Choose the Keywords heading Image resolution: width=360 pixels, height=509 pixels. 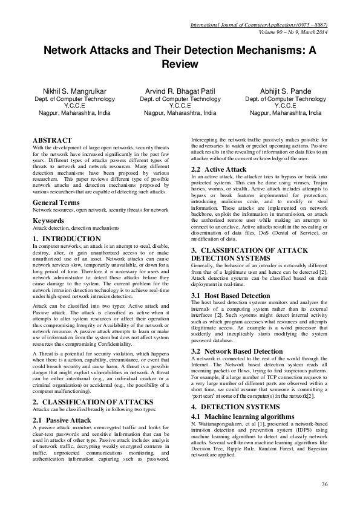[x=48, y=220]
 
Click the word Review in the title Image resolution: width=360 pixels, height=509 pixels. [x=180, y=62]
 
